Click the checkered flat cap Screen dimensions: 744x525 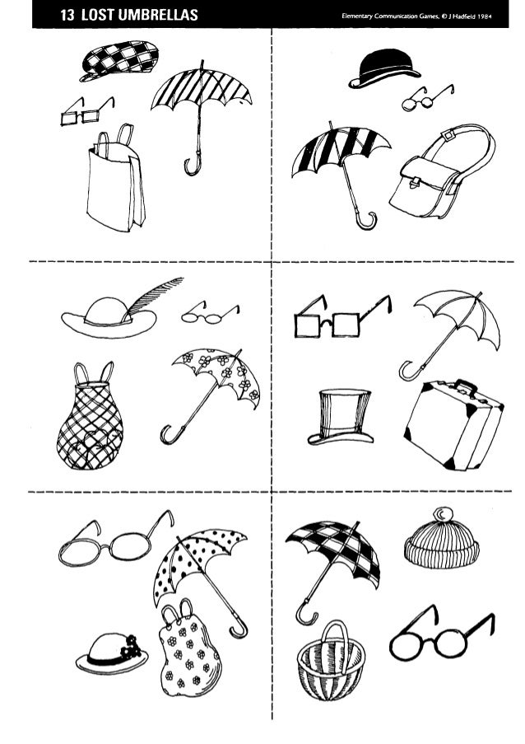120,60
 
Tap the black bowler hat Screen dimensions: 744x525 383,68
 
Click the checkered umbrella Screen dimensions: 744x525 337,556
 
